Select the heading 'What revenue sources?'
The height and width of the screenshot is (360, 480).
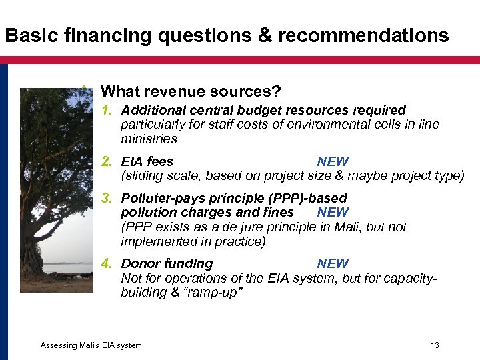point(190,91)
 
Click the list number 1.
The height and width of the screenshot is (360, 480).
point(105,110)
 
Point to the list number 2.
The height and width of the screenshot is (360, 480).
point(105,161)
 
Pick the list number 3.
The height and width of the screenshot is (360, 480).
point(105,198)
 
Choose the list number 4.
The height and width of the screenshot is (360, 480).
point(105,263)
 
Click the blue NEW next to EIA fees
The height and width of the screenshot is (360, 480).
point(333,161)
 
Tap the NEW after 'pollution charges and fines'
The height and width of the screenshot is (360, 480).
point(333,213)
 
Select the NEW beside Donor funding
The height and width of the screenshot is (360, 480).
point(333,263)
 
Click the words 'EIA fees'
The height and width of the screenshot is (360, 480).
point(147,161)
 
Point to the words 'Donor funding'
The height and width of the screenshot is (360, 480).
point(167,263)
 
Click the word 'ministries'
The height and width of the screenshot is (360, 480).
point(149,139)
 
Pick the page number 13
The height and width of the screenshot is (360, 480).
point(435,345)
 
